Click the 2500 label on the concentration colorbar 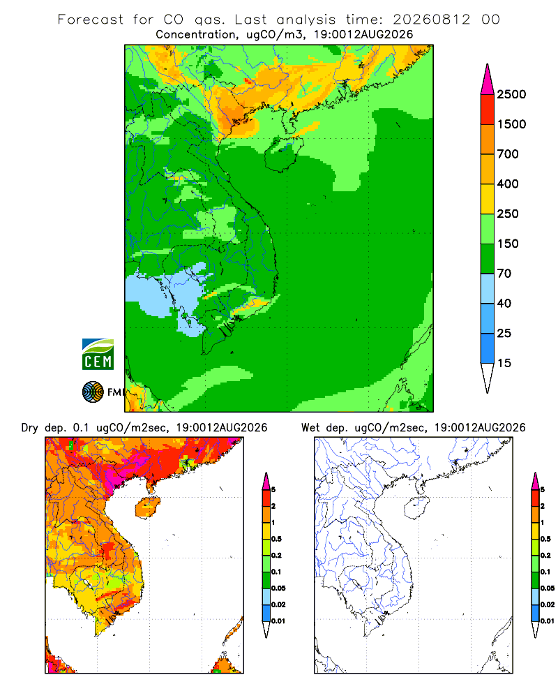click(511, 94)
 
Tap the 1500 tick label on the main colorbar click(511, 124)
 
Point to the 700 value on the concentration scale click(508, 154)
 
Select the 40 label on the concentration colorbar click(504, 303)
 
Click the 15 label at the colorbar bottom click(504, 363)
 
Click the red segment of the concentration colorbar click(488, 110)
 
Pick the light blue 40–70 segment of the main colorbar click(488, 288)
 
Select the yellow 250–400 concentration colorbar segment click(488, 199)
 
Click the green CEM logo click(98, 355)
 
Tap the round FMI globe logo click(93, 392)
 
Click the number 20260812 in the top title click(431, 20)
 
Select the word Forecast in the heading click(91, 20)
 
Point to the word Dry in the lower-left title click(29, 428)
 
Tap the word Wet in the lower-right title click(310, 428)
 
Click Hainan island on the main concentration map click(283, 154)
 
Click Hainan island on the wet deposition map click(417, 507)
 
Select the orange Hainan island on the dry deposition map click(148, 507)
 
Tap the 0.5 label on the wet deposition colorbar click(545, 539)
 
